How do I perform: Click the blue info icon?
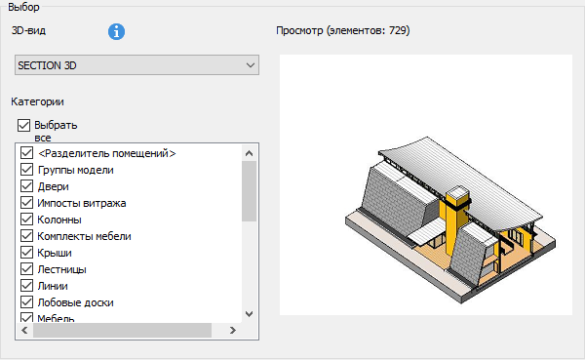click(116, 32)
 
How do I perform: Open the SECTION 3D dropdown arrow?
click(251, 65)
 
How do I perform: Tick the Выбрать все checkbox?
click(23, 125)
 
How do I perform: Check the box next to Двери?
click(26, 186)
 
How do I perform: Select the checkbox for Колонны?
click(26, 220)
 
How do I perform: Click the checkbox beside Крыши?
click(26, 253)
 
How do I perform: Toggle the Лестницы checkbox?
click(26, 269)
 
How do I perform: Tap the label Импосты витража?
click(82, 203)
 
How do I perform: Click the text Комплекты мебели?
click(84, 236)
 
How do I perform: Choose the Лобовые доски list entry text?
click(76, 302)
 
